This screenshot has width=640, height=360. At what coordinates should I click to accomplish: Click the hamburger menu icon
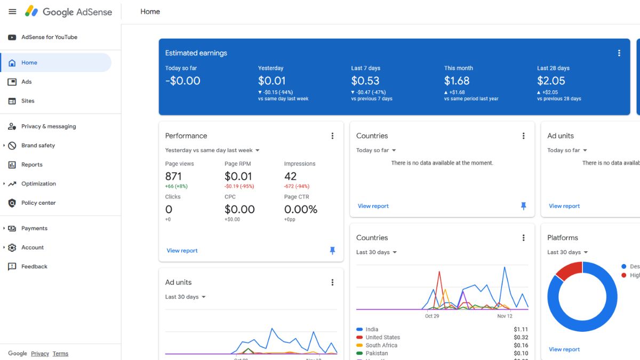(x=12, y=12)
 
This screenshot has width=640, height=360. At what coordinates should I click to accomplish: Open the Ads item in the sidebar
(x=26, y=82)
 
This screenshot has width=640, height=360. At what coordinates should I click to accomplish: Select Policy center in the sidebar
(x=38, y=203)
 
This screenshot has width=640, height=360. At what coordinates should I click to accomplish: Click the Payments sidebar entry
(x=34, y=228)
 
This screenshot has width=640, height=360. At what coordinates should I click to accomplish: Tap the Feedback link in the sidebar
(x=34, y=267)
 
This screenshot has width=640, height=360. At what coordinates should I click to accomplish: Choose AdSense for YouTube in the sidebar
(x=49, y=37)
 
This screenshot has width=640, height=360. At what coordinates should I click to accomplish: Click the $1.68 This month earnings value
(x=457, y=81)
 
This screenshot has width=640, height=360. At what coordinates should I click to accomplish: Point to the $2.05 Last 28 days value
(x=551, y=81)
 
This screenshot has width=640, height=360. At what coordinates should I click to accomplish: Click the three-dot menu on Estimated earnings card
(x=619, y=53)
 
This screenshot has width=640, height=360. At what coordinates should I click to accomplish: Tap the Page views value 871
(x=173, y=177)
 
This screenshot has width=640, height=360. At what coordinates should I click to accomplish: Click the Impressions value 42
(x=290, y=177)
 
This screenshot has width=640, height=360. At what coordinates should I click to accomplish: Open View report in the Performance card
(x=182, y=251)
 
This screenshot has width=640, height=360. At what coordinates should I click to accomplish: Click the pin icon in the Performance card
(x=332, y=251)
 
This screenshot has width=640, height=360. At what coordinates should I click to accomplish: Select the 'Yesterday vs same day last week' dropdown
(x=212, y=150)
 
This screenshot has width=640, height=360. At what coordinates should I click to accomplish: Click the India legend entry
(x=371, y=330)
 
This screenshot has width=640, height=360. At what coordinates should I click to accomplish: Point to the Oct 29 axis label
(x=432, y=316)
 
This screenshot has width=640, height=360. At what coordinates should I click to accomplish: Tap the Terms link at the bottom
(x=60, y=354)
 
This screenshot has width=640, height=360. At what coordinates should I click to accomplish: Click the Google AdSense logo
(x=69, y=12)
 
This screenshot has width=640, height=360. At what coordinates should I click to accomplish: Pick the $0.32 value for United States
(x=521, y=338)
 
